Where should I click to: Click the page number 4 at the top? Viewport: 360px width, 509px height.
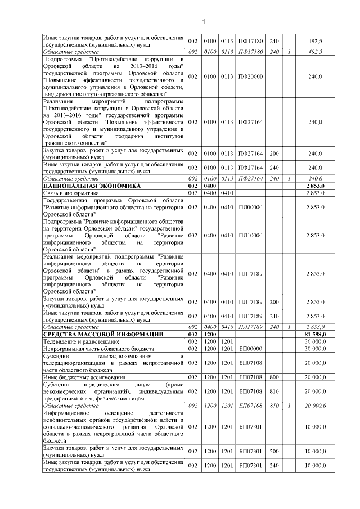click(x=204, y=22)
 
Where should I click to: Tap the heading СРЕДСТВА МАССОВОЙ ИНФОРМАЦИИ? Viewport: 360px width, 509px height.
click(x=95, y=335)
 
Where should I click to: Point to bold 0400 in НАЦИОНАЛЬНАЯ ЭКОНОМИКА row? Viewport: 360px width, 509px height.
click(x=210, y=185)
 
